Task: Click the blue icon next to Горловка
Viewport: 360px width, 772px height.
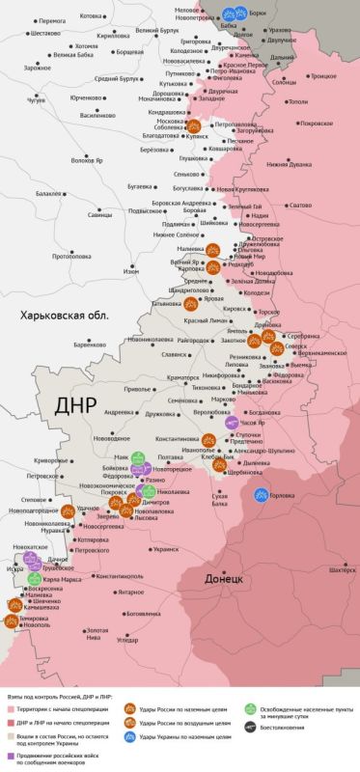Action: tap(261, 494)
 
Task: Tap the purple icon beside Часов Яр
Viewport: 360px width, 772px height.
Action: tap(231, 422)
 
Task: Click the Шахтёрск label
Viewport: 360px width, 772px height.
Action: tap(342, 570)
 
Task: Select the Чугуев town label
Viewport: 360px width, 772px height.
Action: tap(36, 98)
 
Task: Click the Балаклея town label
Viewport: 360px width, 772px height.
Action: tap(48, 193)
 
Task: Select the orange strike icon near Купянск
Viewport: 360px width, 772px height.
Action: tap(193, 125)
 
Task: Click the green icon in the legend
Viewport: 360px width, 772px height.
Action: tap(250, 707)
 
